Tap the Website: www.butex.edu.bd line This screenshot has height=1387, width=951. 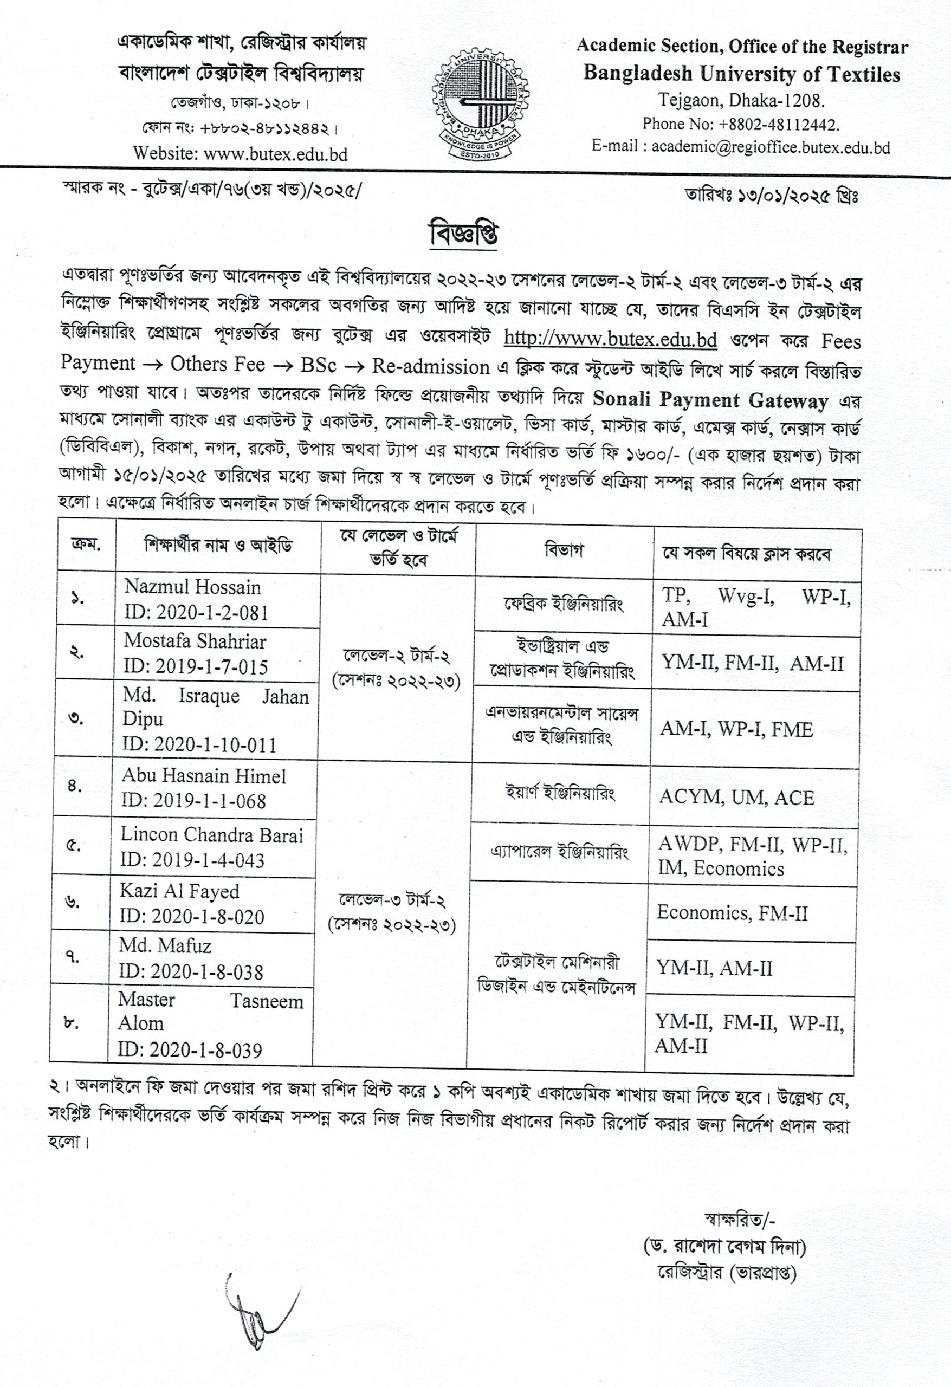tap(240, 154)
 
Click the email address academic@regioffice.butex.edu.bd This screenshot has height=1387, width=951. tap(770, 147)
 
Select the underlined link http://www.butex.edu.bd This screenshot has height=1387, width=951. tap(610, 339)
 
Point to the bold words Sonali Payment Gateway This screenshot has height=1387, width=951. tap(710, 399)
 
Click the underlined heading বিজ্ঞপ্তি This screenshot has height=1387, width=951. tap(464, 234)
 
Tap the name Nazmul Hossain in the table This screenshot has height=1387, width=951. tap(192, 587)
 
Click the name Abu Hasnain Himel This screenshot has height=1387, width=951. tap(204, 775)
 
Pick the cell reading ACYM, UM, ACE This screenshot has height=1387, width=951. tap(736, 798)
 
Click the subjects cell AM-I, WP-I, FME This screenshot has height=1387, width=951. tap(736, 729)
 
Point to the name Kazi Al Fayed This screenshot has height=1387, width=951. tap(179, 891)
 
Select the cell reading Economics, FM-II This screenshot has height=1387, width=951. tap(732, 912)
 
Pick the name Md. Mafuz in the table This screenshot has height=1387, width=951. tap(165, 945)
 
